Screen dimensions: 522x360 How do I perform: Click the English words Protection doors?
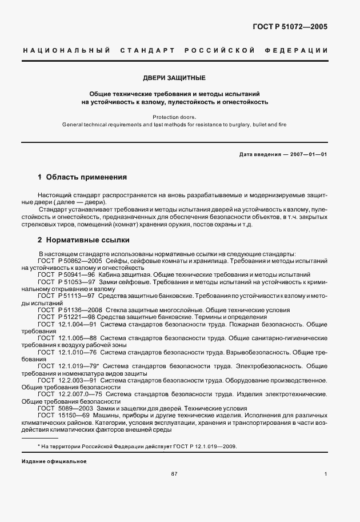click(x=174, y=117)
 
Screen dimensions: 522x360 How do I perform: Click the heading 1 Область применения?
click(x=82, y=177)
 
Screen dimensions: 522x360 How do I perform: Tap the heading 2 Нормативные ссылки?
click(x=83, y=240)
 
